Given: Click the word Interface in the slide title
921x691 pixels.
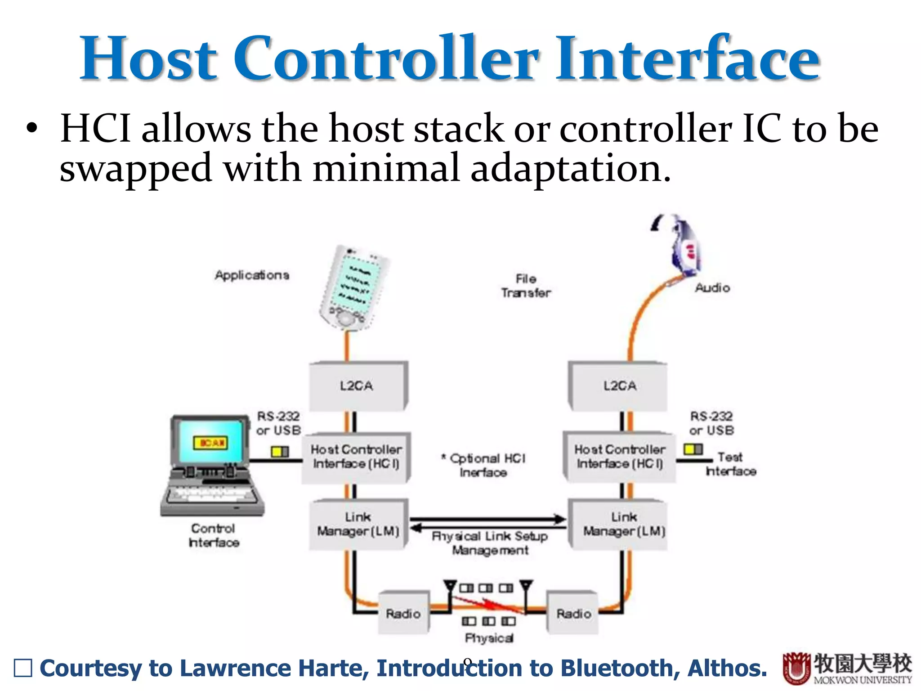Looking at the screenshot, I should pos(688,58).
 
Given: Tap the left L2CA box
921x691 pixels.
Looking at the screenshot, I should pos(357,386).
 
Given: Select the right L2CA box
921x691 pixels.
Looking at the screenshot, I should pos(619,386).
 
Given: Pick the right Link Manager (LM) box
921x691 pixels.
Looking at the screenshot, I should pos(623,524).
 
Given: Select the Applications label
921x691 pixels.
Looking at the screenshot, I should pos(252,275).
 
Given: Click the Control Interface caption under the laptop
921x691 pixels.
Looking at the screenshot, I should pos(214,535).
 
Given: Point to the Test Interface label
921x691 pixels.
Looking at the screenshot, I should pos(731,464).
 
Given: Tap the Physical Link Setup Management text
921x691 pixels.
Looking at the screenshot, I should pos(490,543).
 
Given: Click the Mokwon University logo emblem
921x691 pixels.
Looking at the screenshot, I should pos(796,668).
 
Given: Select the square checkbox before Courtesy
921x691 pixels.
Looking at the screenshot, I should pos(23,668).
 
